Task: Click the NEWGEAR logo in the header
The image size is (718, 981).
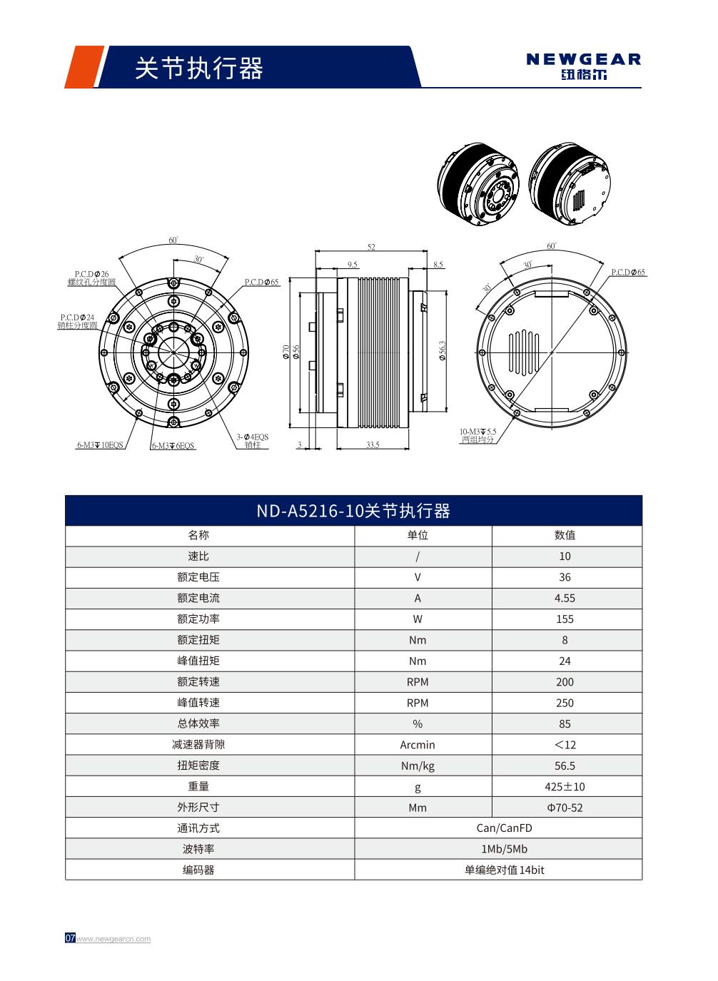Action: coord(583,66)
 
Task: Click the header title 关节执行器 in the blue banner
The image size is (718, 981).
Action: coord(199,68)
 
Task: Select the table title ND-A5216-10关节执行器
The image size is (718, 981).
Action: coord(353,511)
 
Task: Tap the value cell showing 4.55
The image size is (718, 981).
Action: coord(565,598)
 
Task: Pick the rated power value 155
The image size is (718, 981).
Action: coord(565,619)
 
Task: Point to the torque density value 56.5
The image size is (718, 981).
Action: coord(565,766)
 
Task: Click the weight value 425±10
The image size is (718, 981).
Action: coord(565,786)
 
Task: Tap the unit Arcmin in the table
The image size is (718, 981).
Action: coord(418,745)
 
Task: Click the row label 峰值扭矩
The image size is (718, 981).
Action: coord(198,661)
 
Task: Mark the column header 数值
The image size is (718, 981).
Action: coord(565,535)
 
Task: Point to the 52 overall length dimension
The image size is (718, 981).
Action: coord(371,247)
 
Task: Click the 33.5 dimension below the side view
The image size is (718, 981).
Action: coord(372,444)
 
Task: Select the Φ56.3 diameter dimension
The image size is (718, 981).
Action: coord(443,350)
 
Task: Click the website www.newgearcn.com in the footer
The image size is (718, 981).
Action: coord(113,939)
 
